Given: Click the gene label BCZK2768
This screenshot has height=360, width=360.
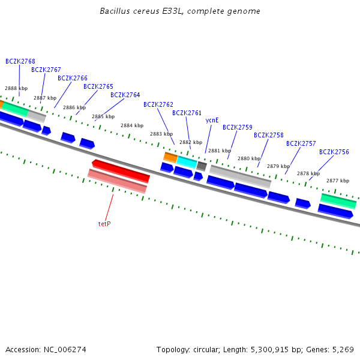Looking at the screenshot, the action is [20, 61].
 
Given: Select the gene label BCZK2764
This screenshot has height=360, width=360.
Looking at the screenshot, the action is [125, 95].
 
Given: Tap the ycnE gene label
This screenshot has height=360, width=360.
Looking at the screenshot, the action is [212, 120].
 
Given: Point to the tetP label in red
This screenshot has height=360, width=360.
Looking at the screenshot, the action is [104, 224].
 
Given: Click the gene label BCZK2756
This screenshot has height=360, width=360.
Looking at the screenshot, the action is [334, 152].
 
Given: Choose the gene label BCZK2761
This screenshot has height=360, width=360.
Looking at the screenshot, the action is [187, 113].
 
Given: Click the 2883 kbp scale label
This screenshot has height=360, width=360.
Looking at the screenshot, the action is [160, 134].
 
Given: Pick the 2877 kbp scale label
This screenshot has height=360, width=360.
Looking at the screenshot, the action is [337, 181].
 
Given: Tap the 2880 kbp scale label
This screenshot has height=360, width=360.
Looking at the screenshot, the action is [248, 158].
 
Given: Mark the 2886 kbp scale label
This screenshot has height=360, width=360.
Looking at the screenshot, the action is [73, 107].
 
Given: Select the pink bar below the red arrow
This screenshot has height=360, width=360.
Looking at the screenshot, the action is [117, 181].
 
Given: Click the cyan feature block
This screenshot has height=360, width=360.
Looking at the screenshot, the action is [187, 161].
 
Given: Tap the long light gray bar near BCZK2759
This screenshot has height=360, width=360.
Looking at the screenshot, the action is [240, 175].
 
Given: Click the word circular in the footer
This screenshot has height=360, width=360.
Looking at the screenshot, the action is [202, 349].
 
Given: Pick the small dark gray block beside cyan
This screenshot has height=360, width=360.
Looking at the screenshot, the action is [202, 166].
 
